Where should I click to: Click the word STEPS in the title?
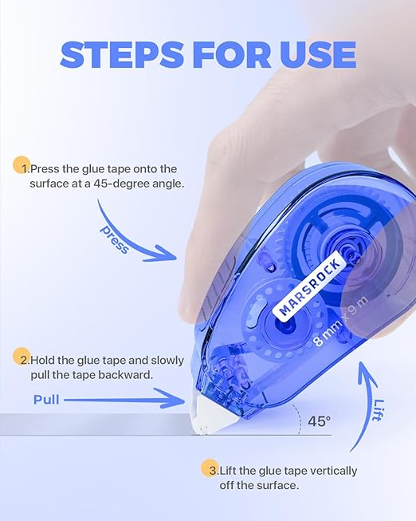[121, 55]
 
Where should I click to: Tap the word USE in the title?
[318, 55]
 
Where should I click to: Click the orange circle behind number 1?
[22, 165]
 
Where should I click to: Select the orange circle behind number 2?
[22, 356]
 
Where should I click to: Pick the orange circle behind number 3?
[210, 468]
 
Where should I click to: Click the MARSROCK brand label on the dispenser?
[309, 286]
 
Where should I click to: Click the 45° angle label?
[319, 421]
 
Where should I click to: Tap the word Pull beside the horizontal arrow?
[46, 400]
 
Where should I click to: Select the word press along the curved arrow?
[115, 239]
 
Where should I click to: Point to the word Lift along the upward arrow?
[379, 409]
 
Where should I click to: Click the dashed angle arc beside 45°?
[299, 418]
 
